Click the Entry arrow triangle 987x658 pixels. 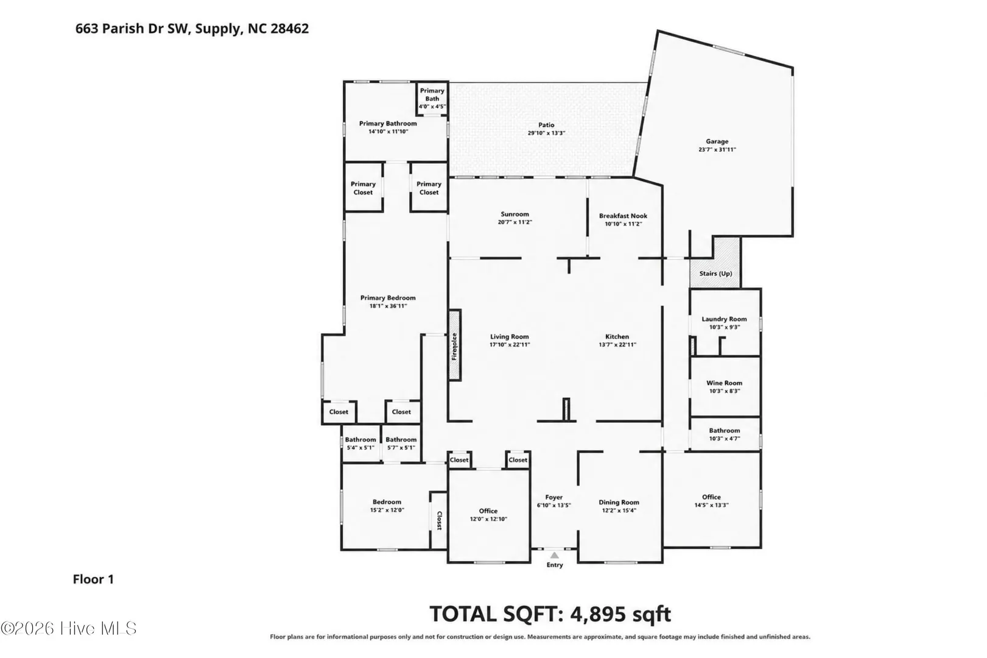[x=554, y=555]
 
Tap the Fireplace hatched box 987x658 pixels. [x=455, y=345]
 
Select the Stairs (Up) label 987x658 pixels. [x=715, y=274]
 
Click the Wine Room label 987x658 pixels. [x=724, y=383]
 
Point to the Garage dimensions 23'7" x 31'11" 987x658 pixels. [x=717, y=149]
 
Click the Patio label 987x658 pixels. [x=546, y=125]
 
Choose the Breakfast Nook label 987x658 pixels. [x=623, y=216]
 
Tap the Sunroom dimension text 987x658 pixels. [x=515, y=222]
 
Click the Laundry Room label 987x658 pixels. [x=724, y=319]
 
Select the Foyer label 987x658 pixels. [x=554, y=497]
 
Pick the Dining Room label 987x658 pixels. [x=619, y=502]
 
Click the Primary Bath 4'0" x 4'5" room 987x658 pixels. [x=432, y=98]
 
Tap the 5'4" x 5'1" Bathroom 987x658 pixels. [x=361, y=443]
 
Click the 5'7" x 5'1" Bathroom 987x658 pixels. [x=401, y=443]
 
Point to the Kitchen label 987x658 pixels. [x=617, y=336]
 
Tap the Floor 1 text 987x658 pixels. [x=93, y=579]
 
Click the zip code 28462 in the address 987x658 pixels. [x=289, y=29]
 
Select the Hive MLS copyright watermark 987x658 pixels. [x=69, y=628]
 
